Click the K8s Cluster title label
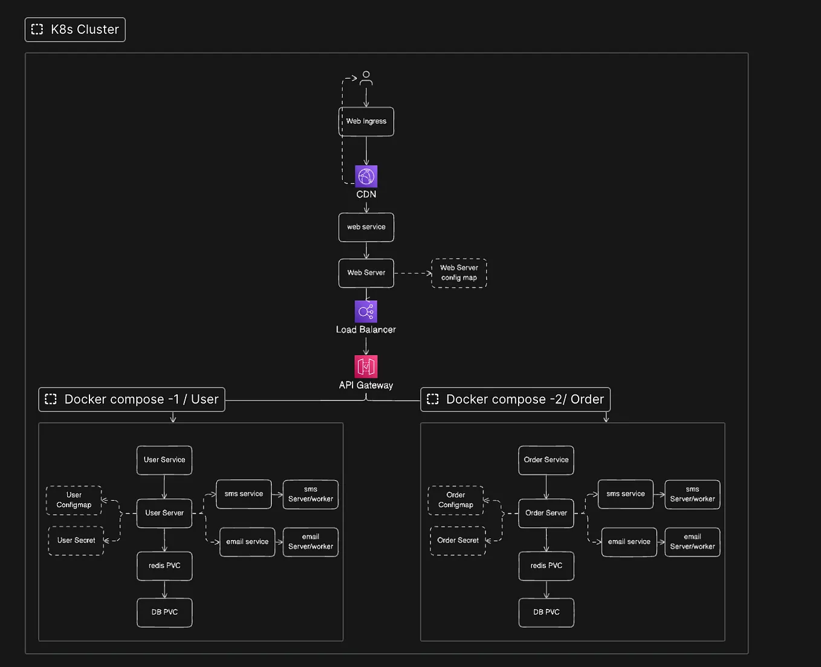75,30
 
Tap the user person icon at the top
366,78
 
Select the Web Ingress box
366,121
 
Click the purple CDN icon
366,176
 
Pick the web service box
366,227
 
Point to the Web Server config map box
459,273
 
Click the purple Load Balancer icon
366,311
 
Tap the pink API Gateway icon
366,366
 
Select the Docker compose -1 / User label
132,399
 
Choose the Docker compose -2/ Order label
515,399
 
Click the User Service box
164,460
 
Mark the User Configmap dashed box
74,500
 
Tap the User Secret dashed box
76,541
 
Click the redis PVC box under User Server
164,566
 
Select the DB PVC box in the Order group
547,613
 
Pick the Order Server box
546,514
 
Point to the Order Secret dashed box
458,541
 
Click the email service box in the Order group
629,542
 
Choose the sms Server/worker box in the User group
311,494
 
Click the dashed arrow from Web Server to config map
412,273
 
